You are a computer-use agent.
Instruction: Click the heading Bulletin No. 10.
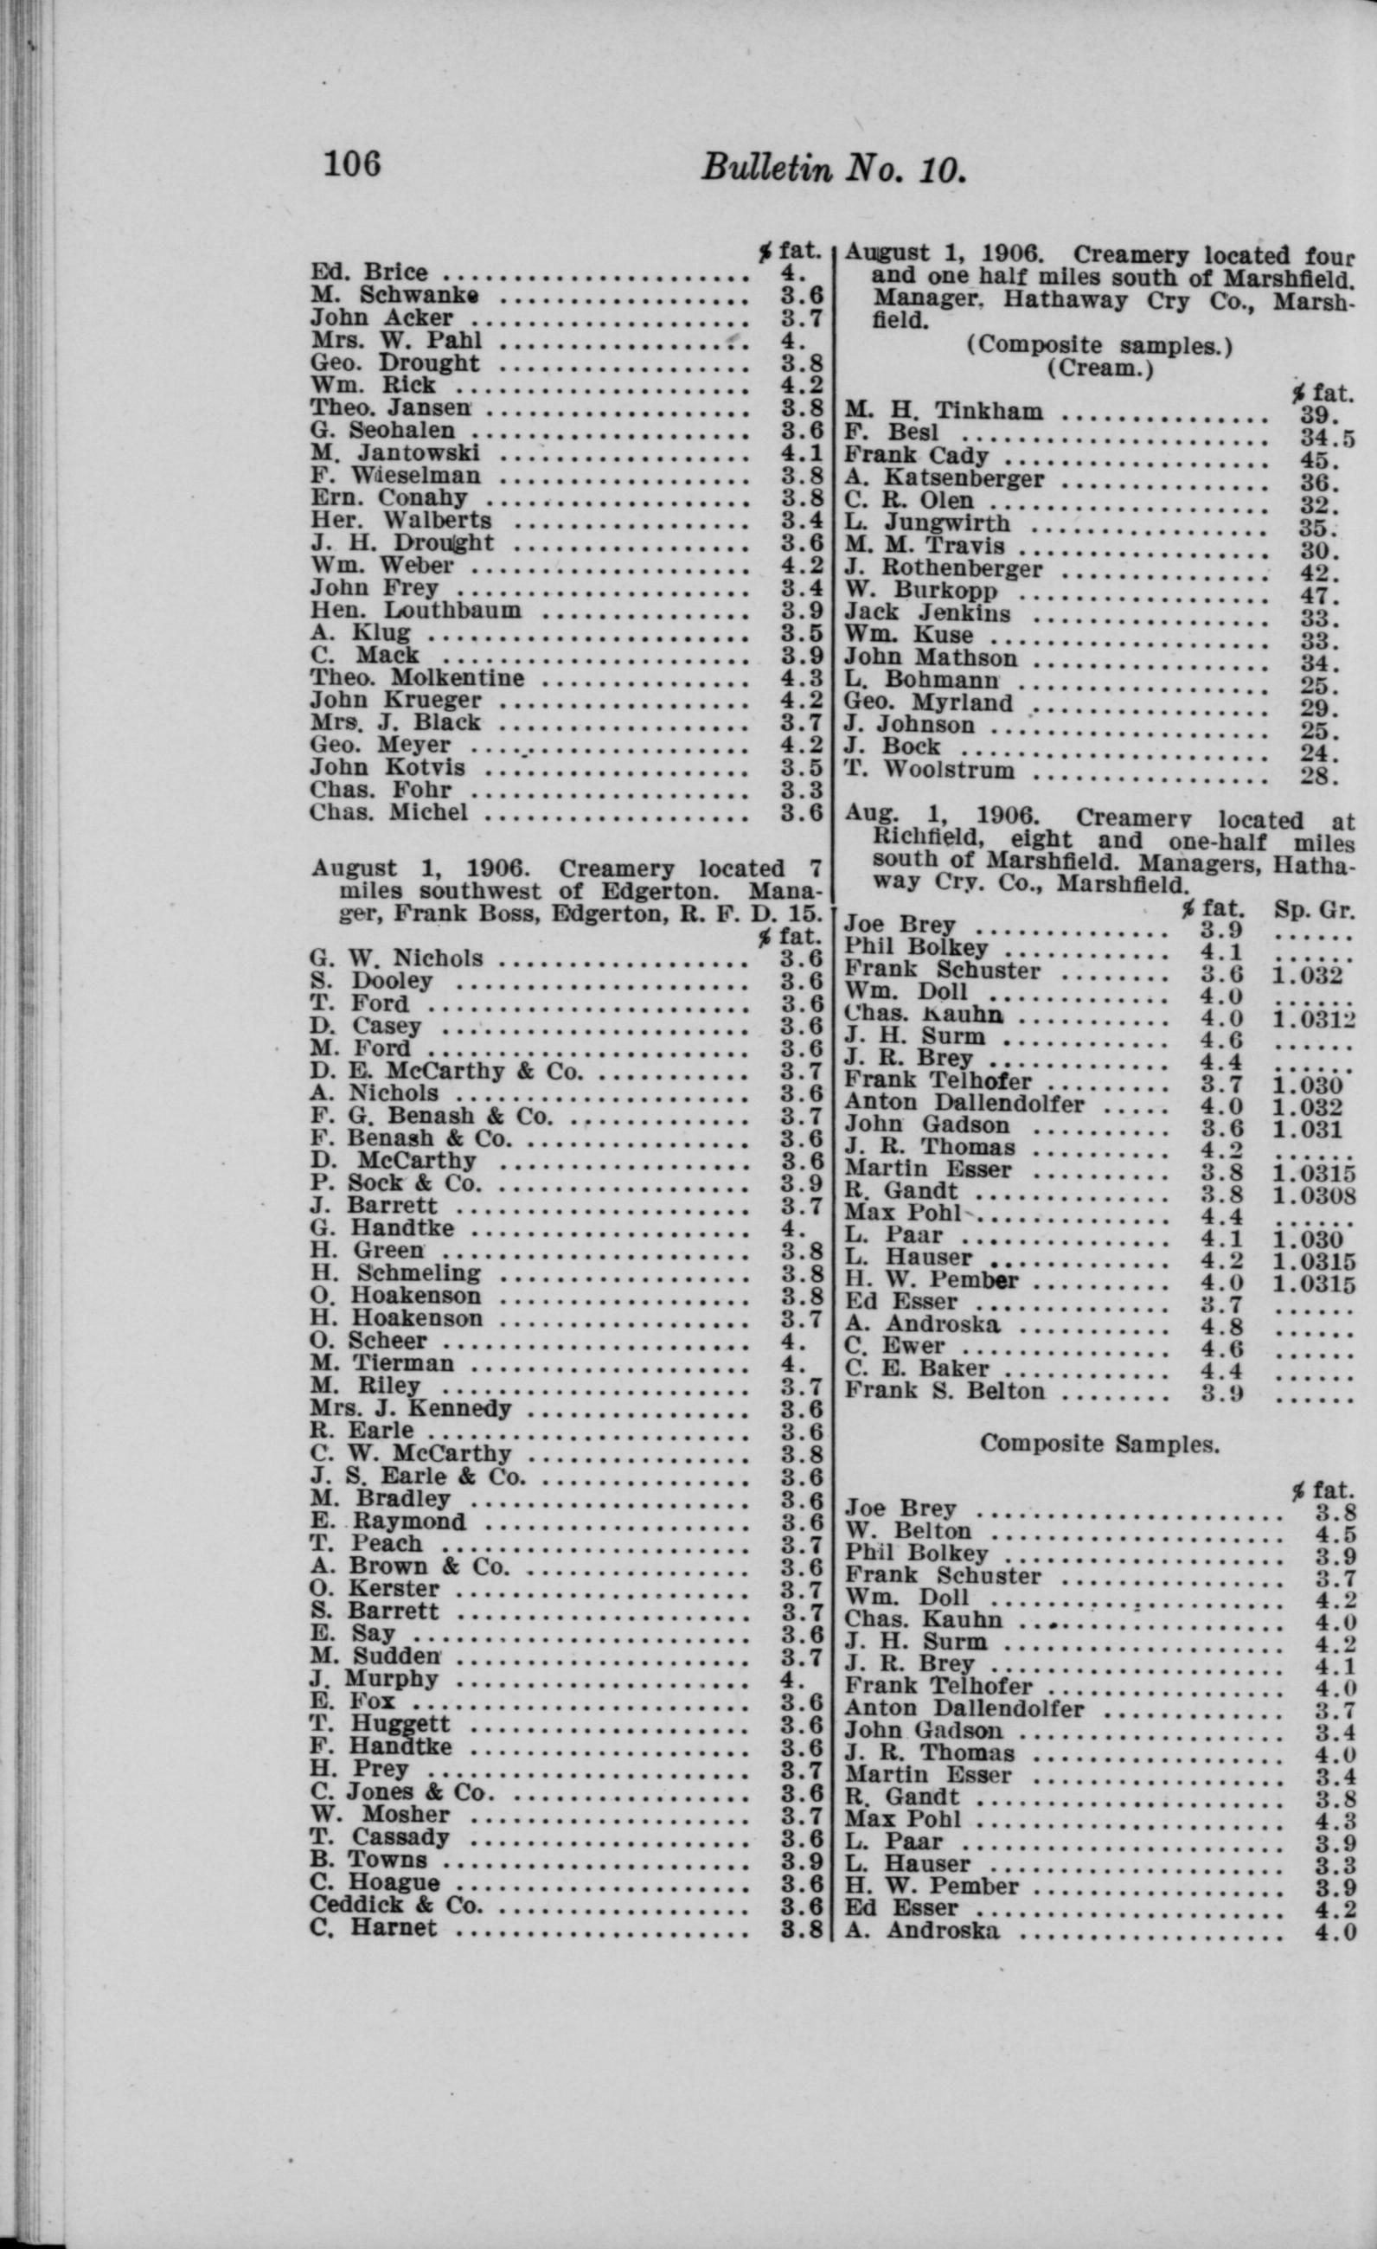[x=832, y=169]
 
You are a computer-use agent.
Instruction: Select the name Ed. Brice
[x=368, y=272]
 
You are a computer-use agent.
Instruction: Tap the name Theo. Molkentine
[x=417, y=678]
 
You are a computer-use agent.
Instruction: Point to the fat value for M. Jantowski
[x=802, y=452]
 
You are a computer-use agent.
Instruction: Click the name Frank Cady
[x=916, y=456]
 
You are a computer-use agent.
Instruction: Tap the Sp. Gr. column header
[x=1313, y=909]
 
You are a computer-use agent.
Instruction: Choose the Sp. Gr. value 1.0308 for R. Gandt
[x=1314, y=1194]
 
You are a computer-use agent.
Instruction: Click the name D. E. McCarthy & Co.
[x=445, y=1071]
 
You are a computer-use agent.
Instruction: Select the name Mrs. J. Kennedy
[x=410, y=1408]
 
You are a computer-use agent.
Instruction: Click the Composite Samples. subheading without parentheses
[x=1099, y=1445]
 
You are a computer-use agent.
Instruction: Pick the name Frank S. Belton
[x=945, y=1391]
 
